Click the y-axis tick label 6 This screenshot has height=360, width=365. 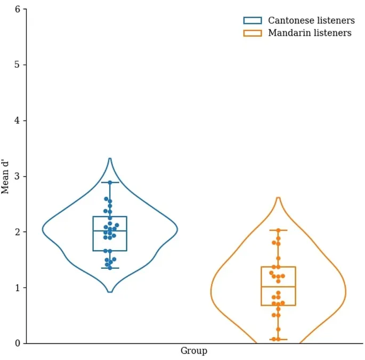pos(18,9)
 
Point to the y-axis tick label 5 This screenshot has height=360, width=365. pos(18,65)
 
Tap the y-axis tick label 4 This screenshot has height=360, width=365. pos(18,121)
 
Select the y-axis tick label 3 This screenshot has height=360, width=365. pos(18,176)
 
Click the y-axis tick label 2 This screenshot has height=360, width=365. pos(18,232)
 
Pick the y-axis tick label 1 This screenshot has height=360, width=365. pos(18,287)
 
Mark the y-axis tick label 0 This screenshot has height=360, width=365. pos(18,343)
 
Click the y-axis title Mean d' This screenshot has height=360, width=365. pos(6,176)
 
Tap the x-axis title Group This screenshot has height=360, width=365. pos(193,351)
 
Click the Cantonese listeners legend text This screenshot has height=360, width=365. pos(311,21)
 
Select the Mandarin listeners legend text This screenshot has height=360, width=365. pos(310,33)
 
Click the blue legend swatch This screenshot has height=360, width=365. pos(253,21)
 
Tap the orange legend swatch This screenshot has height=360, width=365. pos(253,33)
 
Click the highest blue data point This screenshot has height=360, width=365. pos(110,182)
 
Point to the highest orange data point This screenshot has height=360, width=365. pos(278,230)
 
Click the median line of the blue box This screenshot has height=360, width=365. pos(110,231)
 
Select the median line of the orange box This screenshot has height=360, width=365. pos(278,287)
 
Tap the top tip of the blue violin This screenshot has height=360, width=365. pos(110,158)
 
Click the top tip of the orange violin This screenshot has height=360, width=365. pos(278,198)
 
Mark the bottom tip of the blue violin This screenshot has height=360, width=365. pos(110,292)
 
